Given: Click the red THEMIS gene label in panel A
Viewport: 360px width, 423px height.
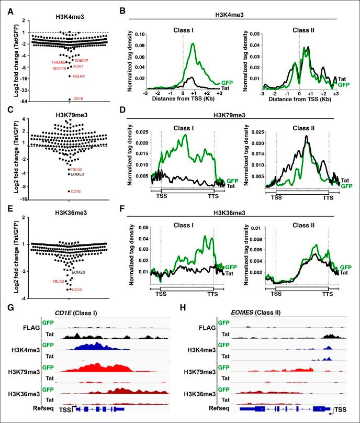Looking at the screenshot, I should [x=58, y=62].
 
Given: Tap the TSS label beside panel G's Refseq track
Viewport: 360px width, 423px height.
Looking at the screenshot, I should [x=65, y=409].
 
